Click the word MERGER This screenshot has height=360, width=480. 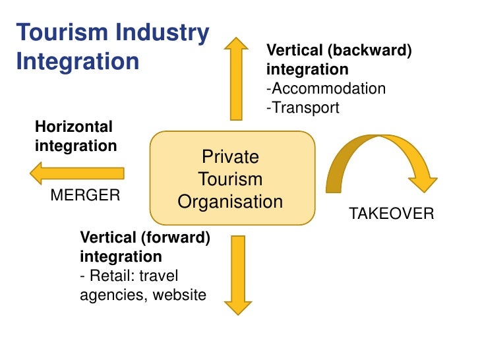[x=85, y=195]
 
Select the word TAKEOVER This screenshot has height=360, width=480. [x=391, y=214]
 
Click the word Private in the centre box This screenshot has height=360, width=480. [x=230, y=157]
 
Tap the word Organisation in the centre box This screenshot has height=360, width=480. [x=230, y=202]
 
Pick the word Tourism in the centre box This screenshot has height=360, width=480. [x=230, y=179]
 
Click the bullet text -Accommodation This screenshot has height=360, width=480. [x=326, y=88]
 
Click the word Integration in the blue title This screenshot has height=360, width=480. [x=77, y=62]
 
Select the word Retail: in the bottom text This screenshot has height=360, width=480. [x=115, y=275]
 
